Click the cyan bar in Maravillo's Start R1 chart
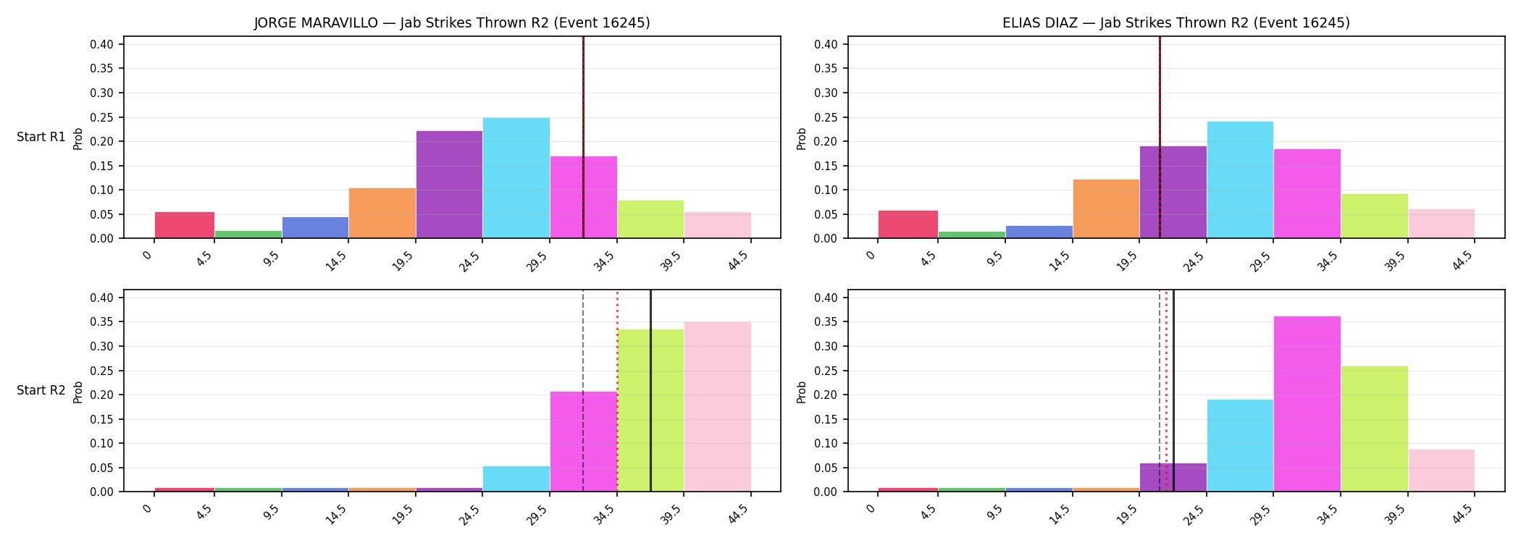coord(516,178)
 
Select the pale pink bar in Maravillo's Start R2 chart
coord(718,407)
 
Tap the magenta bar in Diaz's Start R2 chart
coord(1307,404)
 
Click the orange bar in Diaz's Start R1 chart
coord(1106,209)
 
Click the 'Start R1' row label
coord(41,137)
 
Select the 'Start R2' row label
coord(41,390)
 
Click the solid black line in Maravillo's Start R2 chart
coord(650,391)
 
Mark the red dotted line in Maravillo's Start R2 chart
coord(617,391)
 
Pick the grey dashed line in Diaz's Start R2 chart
coord(1160,391)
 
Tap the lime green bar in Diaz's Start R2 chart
coord(1375,429)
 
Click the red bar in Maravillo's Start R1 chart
coord(185,225)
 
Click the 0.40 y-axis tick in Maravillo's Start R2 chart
coord(101,298)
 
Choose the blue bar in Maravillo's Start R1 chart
coord(315,227)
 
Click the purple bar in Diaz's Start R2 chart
coord(1173,477)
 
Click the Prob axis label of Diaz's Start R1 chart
coord(802,138)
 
